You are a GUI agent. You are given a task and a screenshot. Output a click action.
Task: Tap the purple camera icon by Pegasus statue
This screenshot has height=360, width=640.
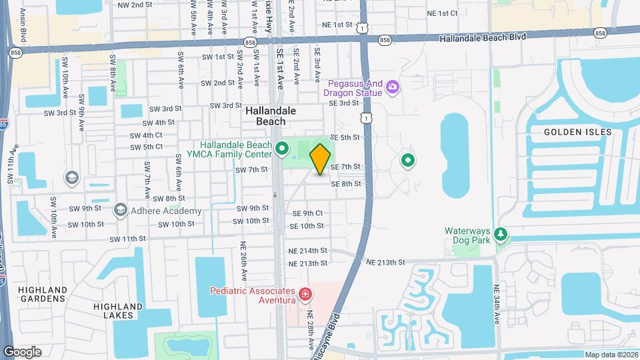[x=393, y=87]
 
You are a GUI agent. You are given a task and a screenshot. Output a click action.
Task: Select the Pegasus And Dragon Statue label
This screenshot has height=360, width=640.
[x=355, y=88]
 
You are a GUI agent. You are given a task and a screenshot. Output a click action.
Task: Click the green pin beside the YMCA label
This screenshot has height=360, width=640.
[x=282, y=148]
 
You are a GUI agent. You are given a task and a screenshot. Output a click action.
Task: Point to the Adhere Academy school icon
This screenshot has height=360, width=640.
[x=120, y=211]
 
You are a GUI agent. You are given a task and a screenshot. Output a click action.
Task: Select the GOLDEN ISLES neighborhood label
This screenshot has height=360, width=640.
[x=577, y=132]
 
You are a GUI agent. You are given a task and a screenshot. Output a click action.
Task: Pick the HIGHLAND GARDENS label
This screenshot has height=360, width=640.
[x=43, y=295]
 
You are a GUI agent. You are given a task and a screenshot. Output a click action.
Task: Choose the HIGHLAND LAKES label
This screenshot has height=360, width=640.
[x=118, y=311]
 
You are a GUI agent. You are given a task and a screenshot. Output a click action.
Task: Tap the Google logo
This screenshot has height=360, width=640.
[x=22, y=352]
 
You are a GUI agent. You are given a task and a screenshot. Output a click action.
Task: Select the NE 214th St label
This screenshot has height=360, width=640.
[x=308, y=251]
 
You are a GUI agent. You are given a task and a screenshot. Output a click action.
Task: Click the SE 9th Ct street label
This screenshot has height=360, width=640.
[x=308, y=213]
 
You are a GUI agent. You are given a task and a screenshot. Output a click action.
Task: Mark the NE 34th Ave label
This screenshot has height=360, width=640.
[x=497, y=304]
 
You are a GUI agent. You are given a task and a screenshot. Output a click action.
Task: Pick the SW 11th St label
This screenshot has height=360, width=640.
[x=127, y=239]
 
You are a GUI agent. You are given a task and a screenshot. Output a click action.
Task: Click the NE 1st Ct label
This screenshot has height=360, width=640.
[x=442, y=13]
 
